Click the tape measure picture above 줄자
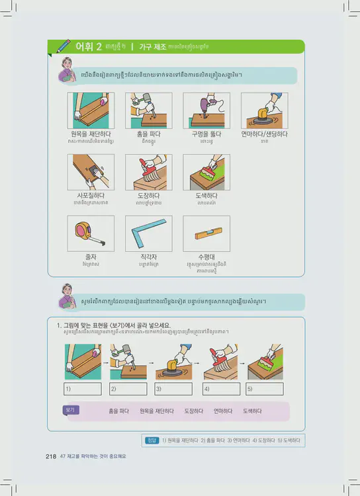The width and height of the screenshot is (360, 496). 91,233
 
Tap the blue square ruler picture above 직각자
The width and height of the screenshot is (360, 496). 149,233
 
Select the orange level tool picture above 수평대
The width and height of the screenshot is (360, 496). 206,233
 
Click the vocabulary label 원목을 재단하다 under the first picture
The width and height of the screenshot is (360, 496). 91,134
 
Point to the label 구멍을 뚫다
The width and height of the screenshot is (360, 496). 206,134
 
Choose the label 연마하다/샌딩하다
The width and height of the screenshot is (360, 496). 264,134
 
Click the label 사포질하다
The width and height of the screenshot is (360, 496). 91,196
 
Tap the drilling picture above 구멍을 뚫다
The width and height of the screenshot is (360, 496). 206,110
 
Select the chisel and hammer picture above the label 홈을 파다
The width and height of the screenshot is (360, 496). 149,110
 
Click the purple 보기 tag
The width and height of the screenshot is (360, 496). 71,410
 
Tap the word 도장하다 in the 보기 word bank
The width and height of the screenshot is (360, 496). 194,411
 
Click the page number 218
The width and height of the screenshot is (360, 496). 51,456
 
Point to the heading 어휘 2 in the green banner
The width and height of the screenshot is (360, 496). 89,46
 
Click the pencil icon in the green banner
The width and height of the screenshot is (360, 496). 64,46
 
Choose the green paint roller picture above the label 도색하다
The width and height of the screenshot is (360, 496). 206,173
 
